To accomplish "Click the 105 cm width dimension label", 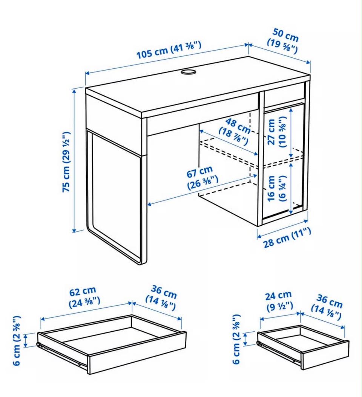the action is pos(169,50).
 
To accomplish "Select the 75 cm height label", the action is pos(66,162).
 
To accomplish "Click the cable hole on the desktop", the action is pos(189,72).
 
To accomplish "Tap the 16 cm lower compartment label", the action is pos(276,189).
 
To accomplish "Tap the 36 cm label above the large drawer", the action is pos(161,298).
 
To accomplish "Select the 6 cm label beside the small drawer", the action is pos(236,339).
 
